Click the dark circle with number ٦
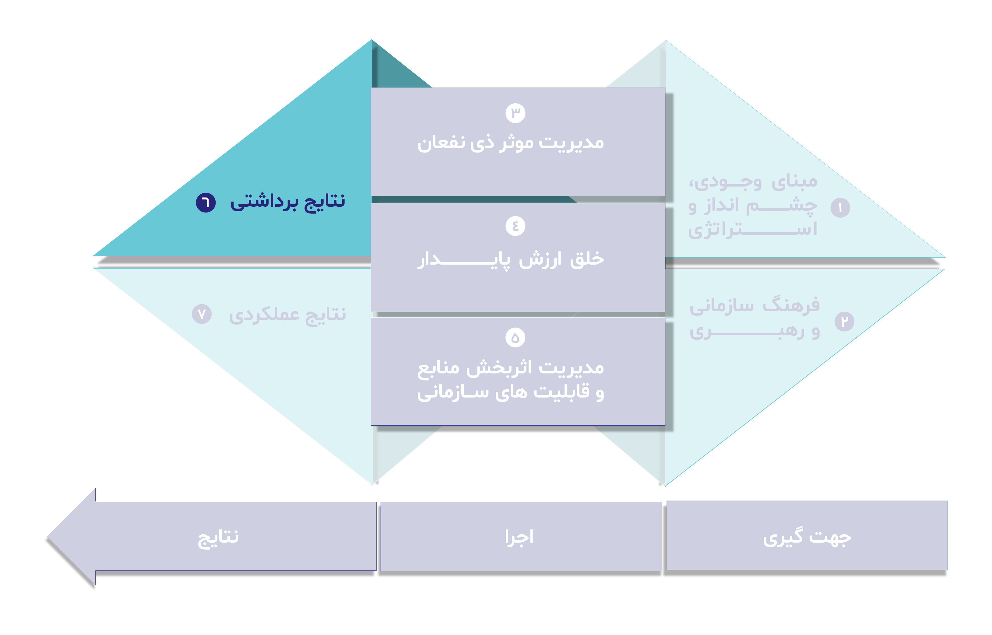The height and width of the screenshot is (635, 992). pyautogui.click(x=206, y=202)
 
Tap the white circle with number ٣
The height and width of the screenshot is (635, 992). pyautogui.click(x=515, y=113)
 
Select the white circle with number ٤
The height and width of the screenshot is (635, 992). pyautogui.click(x=515, y=226)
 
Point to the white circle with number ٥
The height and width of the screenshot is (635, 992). pyautogui.click(x=515, y=338)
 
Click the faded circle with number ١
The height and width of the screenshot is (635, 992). pyautogui.click(x=840, y=208)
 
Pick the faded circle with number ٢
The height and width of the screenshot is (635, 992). pyautogui.click(x=845, y=322)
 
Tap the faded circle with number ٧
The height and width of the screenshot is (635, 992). pyautogui.click(x=202, y=314)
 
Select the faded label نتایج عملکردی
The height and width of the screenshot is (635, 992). pyautogui.click(x=287, y=315)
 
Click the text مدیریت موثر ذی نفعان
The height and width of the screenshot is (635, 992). pyautogui.click(x=511, y=143)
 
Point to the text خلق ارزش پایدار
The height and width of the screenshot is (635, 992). pyautogui.click(x=511, y=260)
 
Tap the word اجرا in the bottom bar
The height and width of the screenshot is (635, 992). pyautogui.click(x=519, y=537)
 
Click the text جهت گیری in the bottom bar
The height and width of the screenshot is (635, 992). pyautogui.click(x=807, y=537)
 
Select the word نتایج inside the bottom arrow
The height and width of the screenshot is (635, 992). pyautogui.click(x=218, y=538)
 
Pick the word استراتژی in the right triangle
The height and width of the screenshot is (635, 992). pyautogui.click(x=752, y=230)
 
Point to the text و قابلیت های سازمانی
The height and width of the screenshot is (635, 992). pyautogui.click(x=511, y=392)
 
